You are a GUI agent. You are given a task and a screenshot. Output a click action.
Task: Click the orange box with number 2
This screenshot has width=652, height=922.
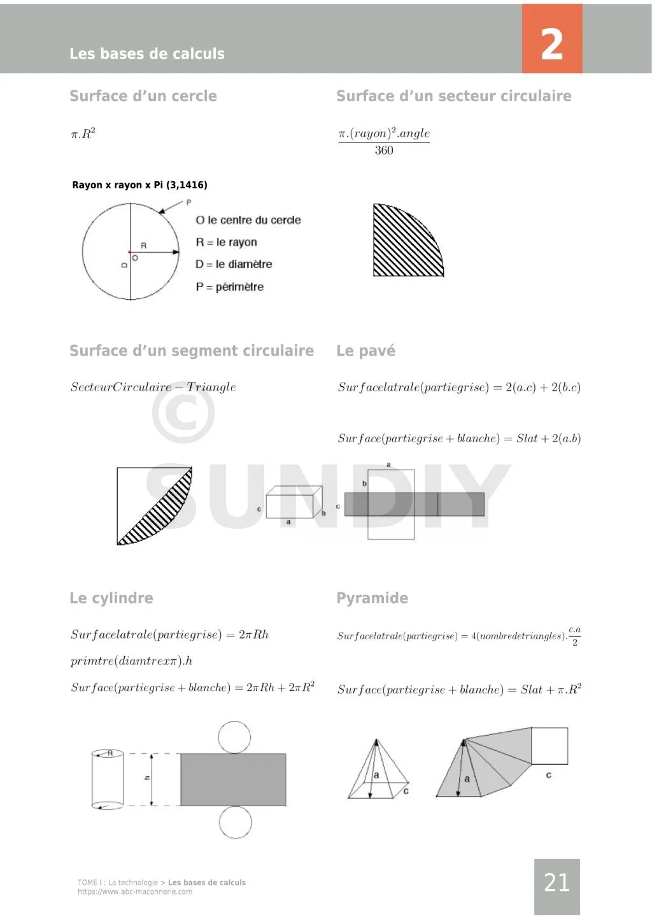click(x=551, y=39)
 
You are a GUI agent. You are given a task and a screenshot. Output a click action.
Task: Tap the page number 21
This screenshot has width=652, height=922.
click(x=556, y=883)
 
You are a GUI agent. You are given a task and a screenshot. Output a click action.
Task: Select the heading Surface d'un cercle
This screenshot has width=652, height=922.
click(x=143, y=96)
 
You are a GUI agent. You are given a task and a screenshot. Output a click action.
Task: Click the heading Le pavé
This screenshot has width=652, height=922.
click(x=365, y=351)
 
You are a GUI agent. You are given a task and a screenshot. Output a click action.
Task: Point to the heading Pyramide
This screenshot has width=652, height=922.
click(x=372, y=598)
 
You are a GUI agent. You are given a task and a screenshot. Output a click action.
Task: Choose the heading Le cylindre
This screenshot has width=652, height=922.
click(x=111, y=598)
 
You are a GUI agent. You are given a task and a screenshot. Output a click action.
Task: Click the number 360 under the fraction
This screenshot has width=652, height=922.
click(x=384, y=151)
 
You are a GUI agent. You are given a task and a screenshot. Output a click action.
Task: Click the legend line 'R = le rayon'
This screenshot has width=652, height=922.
click(x=226, y=242)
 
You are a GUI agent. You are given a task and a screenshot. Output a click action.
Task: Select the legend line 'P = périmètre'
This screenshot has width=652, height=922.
click(x=229, y=287)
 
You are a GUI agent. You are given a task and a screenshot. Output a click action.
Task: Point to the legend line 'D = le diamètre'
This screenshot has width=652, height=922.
click(x=234, y=264)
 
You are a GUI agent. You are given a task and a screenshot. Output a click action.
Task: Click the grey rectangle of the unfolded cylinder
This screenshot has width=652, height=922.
click(x=233, y=779)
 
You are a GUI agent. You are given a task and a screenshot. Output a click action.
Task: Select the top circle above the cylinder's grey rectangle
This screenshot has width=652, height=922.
click(x=234, y=737)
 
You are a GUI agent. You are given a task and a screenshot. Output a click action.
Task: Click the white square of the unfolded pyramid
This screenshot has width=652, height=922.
click(x=549, y=746)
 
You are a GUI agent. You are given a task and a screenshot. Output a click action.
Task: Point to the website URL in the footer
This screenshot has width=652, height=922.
click(x=135, y=891)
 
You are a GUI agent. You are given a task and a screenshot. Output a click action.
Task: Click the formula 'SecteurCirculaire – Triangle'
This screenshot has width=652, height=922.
click(x=153, y=387)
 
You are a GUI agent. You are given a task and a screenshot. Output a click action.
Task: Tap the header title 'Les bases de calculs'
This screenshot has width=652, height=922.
click(x=147, y=54)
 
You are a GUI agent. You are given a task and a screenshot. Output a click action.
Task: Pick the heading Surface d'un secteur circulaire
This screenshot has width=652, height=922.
click(x=453, y=96)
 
